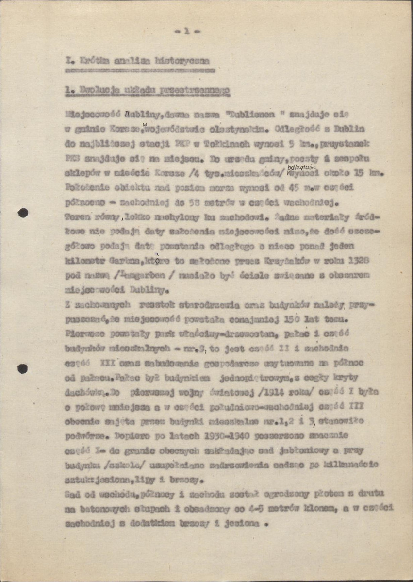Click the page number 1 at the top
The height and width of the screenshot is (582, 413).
[x=186, y=32]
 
